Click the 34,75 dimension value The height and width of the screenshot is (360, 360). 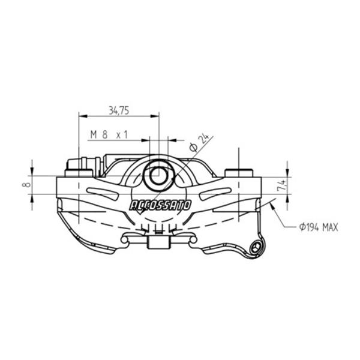pyautogui.click(x=119, y=110)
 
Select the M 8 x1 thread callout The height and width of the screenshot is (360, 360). pyautogui.click(x=109, y=134)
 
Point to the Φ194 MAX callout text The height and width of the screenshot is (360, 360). pyautogui.click(x=319, y=227)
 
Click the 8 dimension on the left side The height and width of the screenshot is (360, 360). pyautogui.click(x=27, y=184)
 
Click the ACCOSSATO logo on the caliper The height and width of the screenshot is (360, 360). pyautogui.click(x=160, y=205)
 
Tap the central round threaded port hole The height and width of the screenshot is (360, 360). pyautogui.click(x=158, y=176)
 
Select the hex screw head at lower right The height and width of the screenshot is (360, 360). pyautogui.click(x=256, y=248)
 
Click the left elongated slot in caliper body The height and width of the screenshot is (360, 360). pyautogui.click(x=103, y=193)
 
